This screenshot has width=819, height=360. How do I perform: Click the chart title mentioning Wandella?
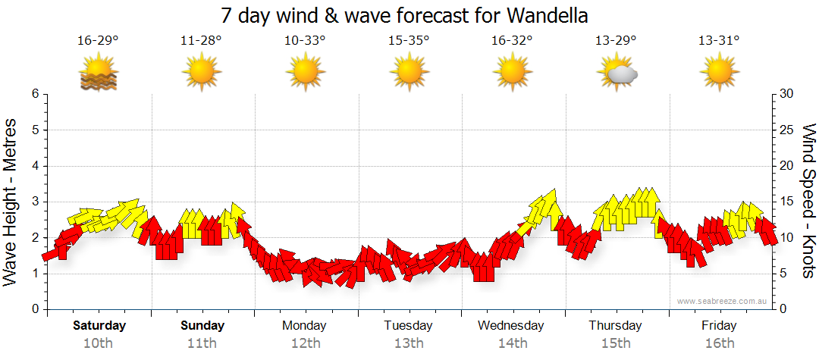tap(405, 15)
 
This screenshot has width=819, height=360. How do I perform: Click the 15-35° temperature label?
tap(409, 41)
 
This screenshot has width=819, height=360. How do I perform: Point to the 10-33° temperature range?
tap(305, 41)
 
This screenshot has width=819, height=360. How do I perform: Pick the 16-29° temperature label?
tap(98, 41)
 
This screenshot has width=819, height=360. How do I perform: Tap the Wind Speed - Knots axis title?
tap(808, 201)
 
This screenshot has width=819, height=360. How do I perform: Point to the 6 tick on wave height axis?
tap(35, 94)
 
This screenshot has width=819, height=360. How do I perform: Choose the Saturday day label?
tap(99, 326)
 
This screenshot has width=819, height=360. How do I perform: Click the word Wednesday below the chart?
tap(511, 326)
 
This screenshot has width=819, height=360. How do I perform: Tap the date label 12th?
tap(305, 343)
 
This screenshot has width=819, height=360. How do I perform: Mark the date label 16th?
tap(719, 343)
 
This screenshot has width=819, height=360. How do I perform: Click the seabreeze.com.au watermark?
tap(723, 302)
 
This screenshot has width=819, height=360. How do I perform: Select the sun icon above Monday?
tap(305, 73)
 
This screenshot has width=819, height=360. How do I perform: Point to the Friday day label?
tap(719, 326)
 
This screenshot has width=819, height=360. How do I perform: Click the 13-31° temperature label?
tap(719, 41)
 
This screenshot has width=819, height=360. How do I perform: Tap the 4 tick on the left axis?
tap(35, 166)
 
